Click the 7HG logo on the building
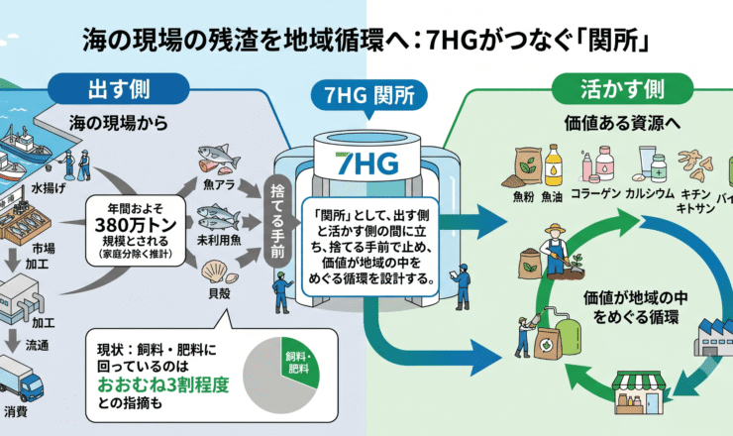(367, 163)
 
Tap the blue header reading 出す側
(119, 89)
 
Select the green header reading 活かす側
(622, 89)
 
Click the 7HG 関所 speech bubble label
(369, 95)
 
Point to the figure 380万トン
(136, 225)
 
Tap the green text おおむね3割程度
(163, 384)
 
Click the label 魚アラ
(219, 184)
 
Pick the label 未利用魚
(219, 240)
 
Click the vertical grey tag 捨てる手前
(277, 221)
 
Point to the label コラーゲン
(595, 193)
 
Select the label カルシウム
(650, 193)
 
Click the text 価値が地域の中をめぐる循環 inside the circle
(635, 307)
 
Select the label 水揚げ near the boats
(49, 188)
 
